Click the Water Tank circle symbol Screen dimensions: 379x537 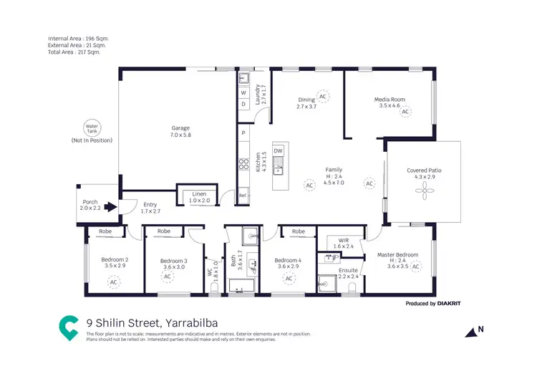tap(92, 128)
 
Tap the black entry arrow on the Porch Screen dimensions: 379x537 tap(109, 208)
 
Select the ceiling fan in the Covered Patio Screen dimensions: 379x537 tap(425, 190)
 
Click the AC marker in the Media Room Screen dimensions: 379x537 tap(405, 112)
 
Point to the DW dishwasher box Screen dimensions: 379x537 tap(279, 151)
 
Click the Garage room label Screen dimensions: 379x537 tap(180, 128)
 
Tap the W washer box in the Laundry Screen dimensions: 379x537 tap(243, 93)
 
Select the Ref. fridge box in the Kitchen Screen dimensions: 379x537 tap(243, 196)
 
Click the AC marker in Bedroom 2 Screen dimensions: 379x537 tap(113, 282)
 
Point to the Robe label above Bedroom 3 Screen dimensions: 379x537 tap(164, 231)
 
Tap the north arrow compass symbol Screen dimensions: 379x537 tap(473, 331)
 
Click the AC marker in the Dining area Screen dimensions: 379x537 tap(322, 96)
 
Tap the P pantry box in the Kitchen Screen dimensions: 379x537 tap(243, 133)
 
